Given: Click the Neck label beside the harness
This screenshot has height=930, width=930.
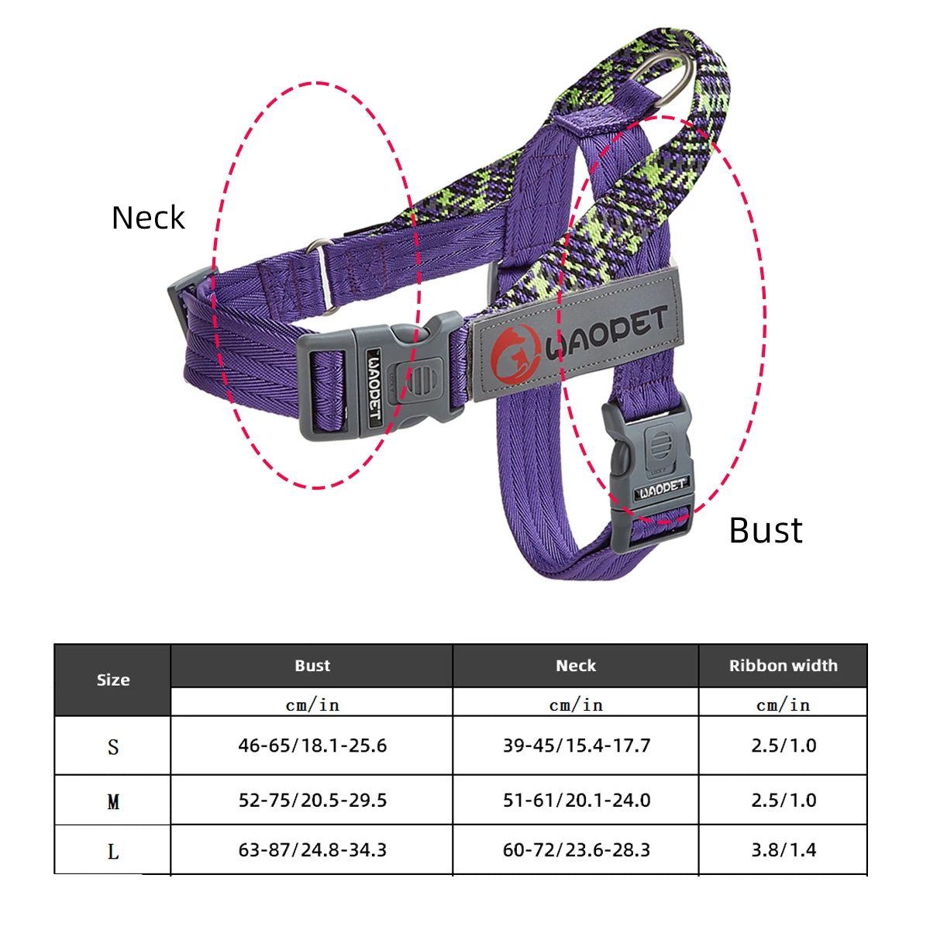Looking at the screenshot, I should pyautogui.click(x=148, y=218).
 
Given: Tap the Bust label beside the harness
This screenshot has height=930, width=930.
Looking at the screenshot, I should pyautogui.click(x=765, y=531).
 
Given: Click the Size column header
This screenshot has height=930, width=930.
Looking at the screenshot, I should pyautogui.click(x=113, y=680).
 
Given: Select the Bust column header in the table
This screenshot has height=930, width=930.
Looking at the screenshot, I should pyautogui.click(x=312, y=666).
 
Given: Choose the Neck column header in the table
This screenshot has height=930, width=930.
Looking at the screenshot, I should pyautogui.click(x=576, y=666).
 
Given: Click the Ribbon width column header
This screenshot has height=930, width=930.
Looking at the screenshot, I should pyautogui.click(x=783, y=666).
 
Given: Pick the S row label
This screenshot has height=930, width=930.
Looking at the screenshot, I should pyautogui.click(x=113, y=747).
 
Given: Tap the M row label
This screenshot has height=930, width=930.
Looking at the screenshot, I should pyautogui.click(x=113, y=801).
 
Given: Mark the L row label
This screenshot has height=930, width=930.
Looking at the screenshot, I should pyautogui.click(x=113, y=852).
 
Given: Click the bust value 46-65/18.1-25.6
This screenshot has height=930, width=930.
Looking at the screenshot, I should pyautogui.click(x=312, y=746).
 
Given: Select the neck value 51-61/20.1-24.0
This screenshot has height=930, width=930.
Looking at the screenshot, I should pyautogui.click(x=577, y=800).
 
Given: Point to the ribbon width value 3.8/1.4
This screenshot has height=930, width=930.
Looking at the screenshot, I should pyautogui.click(x=784, y=850).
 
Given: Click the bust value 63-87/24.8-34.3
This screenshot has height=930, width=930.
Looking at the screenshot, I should pyautogui.click(x=312, y=850).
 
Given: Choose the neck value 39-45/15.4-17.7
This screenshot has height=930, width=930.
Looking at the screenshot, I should pyautogui.click(x=577, y=746).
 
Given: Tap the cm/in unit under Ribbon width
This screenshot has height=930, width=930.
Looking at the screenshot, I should pyautogui.click(x=783, y=704).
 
